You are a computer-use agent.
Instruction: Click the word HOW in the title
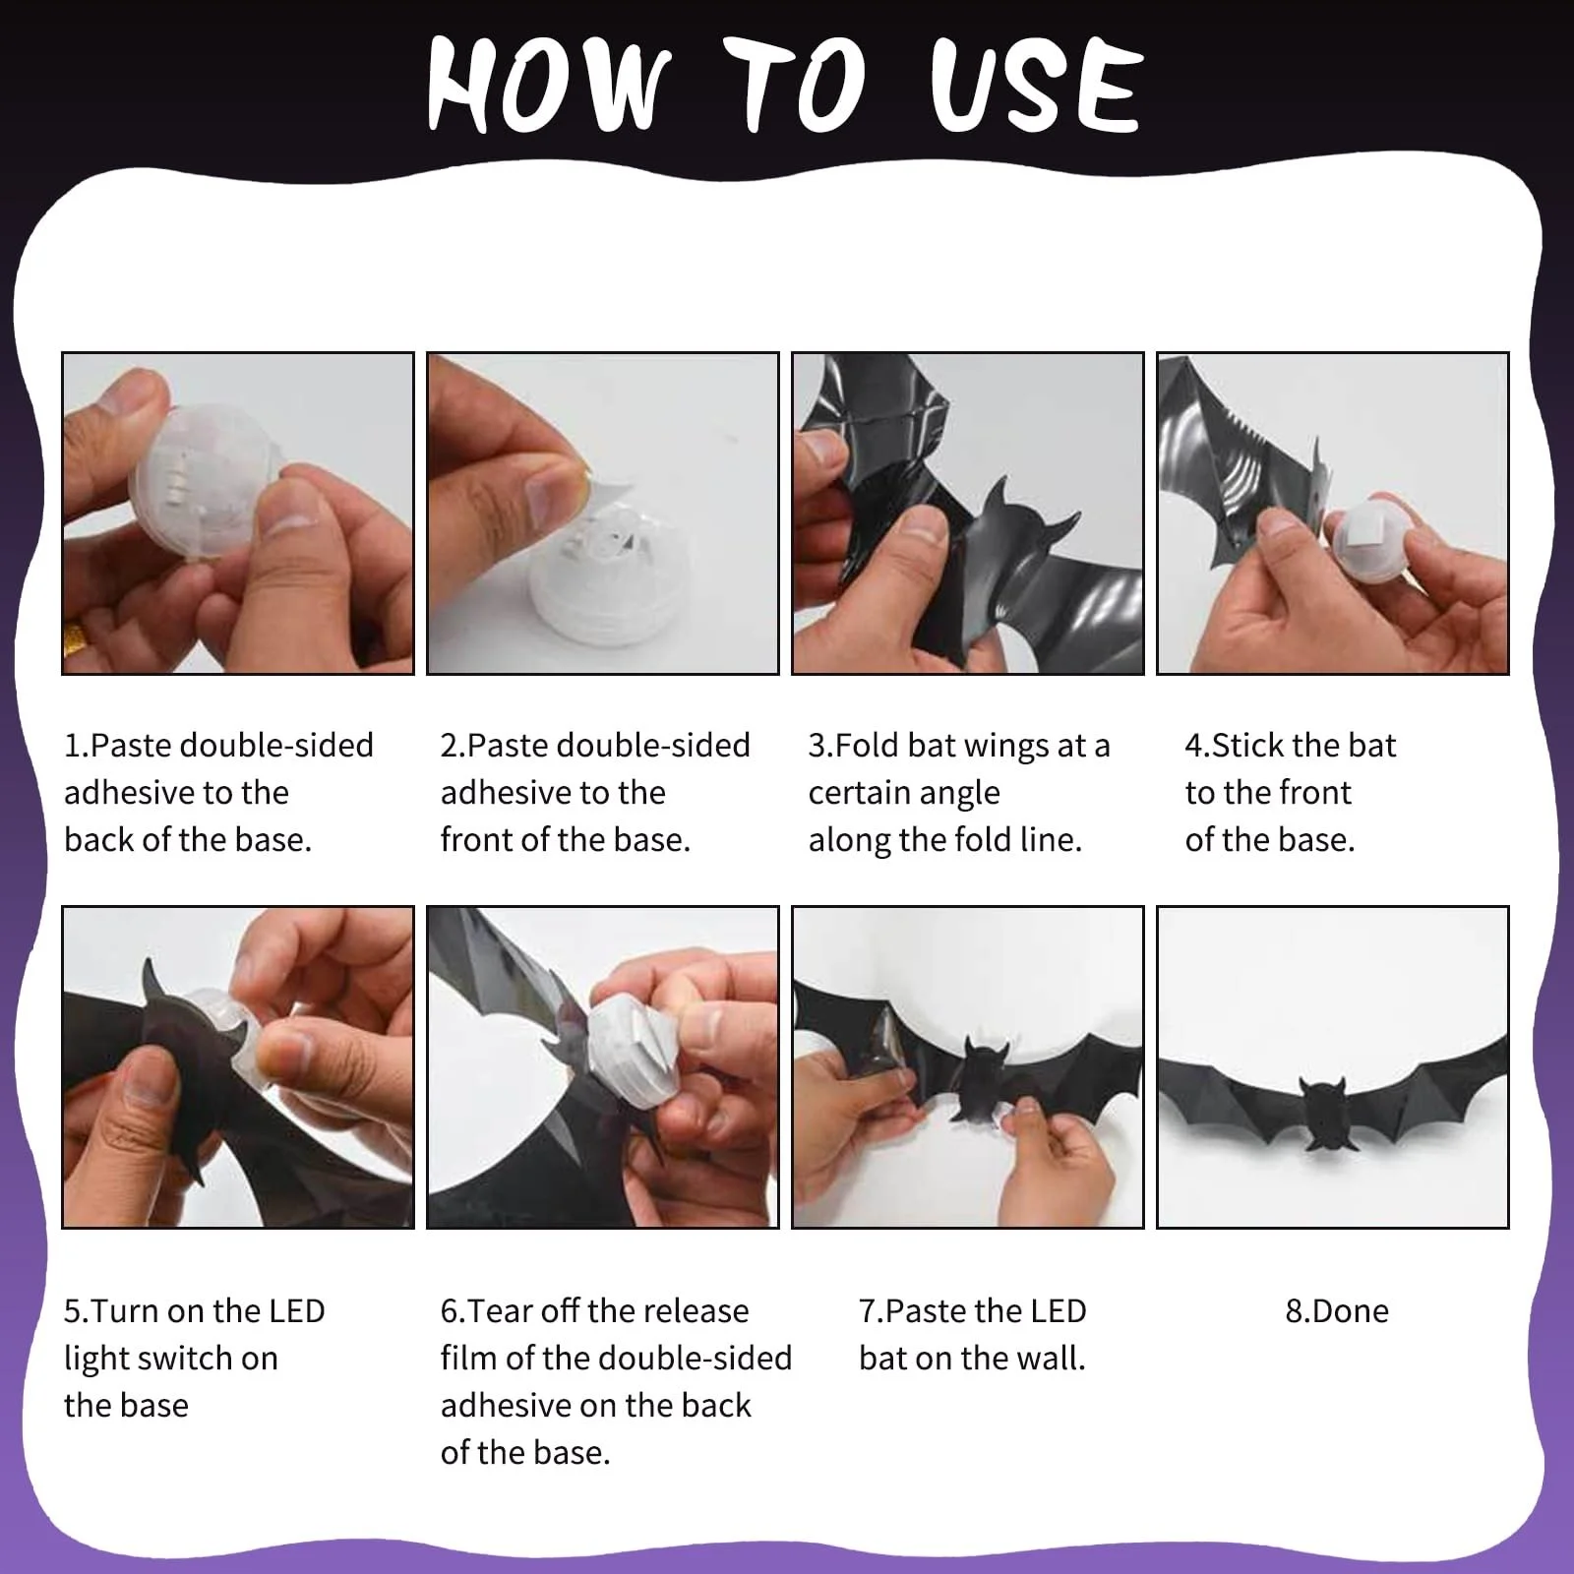pos(549,85)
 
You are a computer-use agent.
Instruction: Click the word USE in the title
pos(1037,85)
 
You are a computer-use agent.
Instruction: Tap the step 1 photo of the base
pos(238,514)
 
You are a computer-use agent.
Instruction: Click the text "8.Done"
pos(1337,1311)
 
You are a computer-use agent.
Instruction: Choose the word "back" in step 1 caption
pos(98,840)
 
